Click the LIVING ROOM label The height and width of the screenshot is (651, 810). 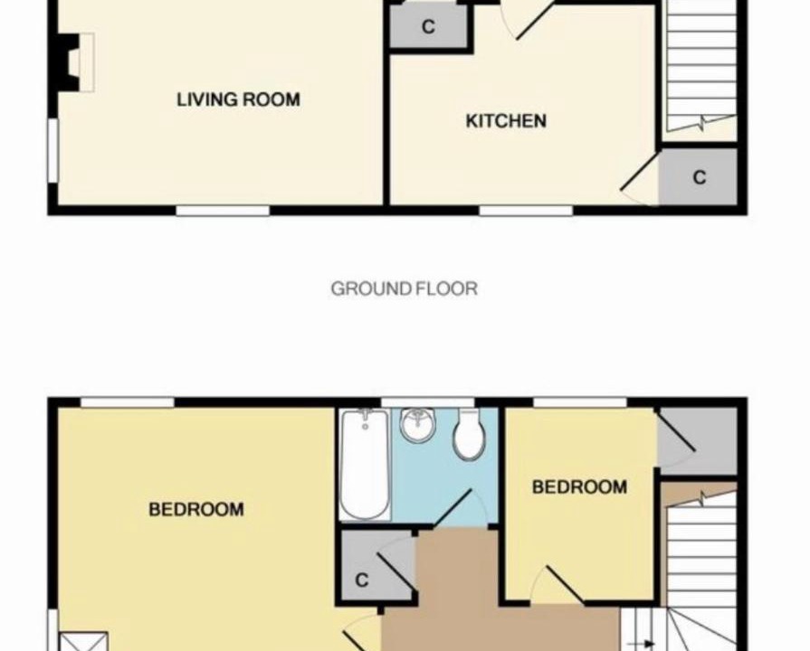238,99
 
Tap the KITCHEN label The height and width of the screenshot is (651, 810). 506,121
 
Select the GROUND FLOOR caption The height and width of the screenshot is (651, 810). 404,288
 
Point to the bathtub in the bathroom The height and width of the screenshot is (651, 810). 365,464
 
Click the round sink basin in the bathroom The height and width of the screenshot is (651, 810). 417,424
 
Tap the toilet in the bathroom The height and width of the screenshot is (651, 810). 470,435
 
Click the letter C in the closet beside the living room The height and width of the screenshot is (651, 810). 428,26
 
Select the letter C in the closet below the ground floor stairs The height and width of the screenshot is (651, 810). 699,177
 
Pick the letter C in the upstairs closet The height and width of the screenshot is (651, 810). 362,580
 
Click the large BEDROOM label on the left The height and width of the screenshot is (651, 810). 196,510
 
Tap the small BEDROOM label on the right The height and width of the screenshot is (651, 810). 579,486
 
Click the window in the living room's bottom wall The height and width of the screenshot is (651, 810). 223,211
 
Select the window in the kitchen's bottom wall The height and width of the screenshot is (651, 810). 526,211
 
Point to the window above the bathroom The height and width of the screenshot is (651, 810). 428,402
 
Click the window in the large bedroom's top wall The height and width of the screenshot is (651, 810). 127,402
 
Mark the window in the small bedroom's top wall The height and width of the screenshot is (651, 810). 579,402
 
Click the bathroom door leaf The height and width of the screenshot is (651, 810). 452,508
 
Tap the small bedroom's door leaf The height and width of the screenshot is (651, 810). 565,585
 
